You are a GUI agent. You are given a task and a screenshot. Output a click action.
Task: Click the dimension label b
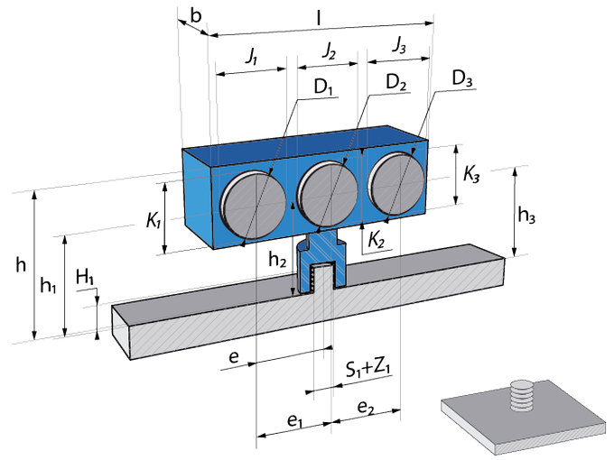[196, 16]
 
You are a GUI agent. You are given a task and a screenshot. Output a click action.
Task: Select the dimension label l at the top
[319, 18]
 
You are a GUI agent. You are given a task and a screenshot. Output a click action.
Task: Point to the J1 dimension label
[252, 56]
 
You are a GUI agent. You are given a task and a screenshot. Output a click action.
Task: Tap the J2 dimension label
[330, 51]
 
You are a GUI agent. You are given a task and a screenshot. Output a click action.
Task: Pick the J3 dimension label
[399, 45]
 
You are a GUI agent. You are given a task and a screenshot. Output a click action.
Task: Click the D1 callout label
[323, 87]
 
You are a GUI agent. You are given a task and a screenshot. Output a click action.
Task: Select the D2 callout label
[396, 83]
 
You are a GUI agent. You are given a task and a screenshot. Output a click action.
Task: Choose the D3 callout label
[462, 78]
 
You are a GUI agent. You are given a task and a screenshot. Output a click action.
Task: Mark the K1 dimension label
[153, 221]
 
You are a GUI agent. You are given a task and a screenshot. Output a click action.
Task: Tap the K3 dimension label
[471, 174]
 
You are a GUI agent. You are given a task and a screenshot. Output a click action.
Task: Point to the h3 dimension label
[526, 216]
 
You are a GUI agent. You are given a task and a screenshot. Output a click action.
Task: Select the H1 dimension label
[85, 277]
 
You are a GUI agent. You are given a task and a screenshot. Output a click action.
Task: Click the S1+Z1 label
[368, 369]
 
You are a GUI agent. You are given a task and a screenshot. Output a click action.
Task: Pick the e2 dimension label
[366, 408]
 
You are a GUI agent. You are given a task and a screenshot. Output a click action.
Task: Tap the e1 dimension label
[295, 421]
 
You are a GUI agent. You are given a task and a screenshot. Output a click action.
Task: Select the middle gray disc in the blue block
[327, 196]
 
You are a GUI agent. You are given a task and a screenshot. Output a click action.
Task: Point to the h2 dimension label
[277, 260]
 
